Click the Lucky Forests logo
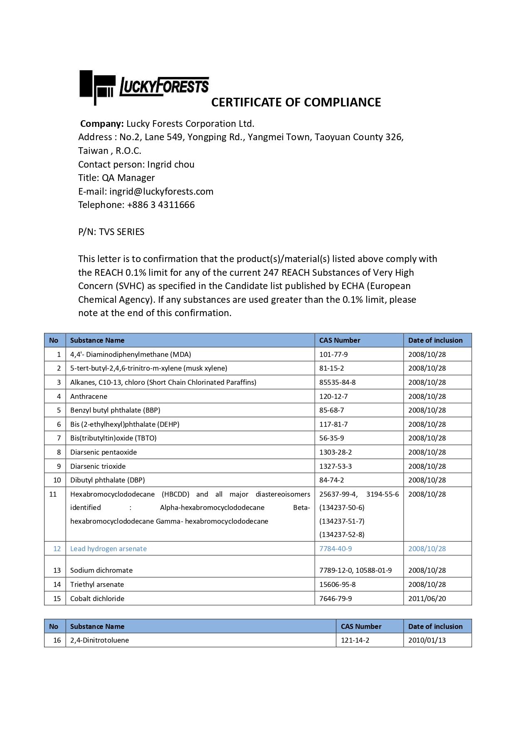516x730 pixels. click(144, 87)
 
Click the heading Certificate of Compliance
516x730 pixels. click(296, 102)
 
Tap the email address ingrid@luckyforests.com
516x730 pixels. click(161, 191)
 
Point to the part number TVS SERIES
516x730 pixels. click(121, 232)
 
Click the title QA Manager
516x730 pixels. click(128, 178)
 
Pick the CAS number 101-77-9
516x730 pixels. click(333, 354)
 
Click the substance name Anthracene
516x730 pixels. click(89, 396)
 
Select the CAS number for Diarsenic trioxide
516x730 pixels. click(336, 466)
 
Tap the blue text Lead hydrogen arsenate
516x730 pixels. click(108, 549)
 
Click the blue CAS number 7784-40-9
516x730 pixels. click(336, 549)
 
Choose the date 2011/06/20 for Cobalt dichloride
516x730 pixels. click(427, 599)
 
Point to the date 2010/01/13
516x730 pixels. click(427, 640)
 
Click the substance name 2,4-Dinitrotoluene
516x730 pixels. click(99, 640)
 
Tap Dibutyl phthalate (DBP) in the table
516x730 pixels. click(107, 480)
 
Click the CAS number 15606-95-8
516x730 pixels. click(337, 584)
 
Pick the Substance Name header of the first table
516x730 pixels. click(97, 340)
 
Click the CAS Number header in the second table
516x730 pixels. click(361, 626)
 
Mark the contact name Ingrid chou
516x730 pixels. click(170, 164)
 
